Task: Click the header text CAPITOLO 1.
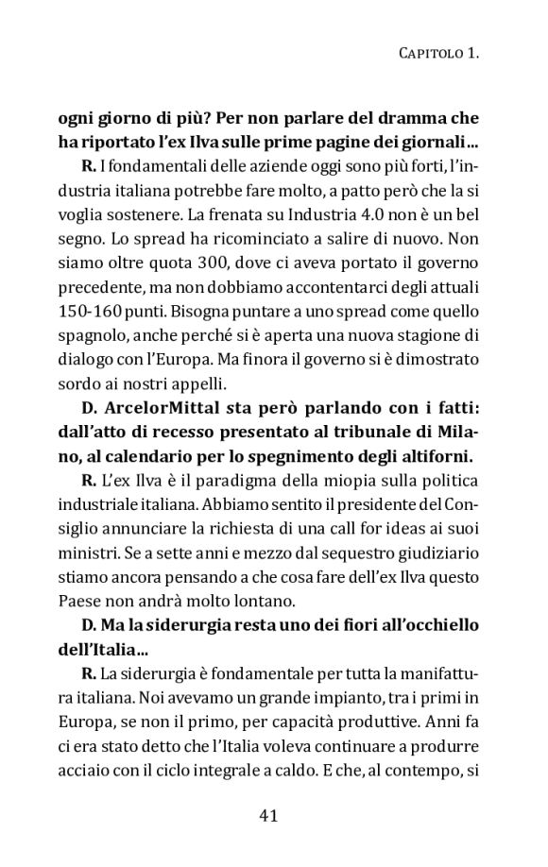pos(436,56)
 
